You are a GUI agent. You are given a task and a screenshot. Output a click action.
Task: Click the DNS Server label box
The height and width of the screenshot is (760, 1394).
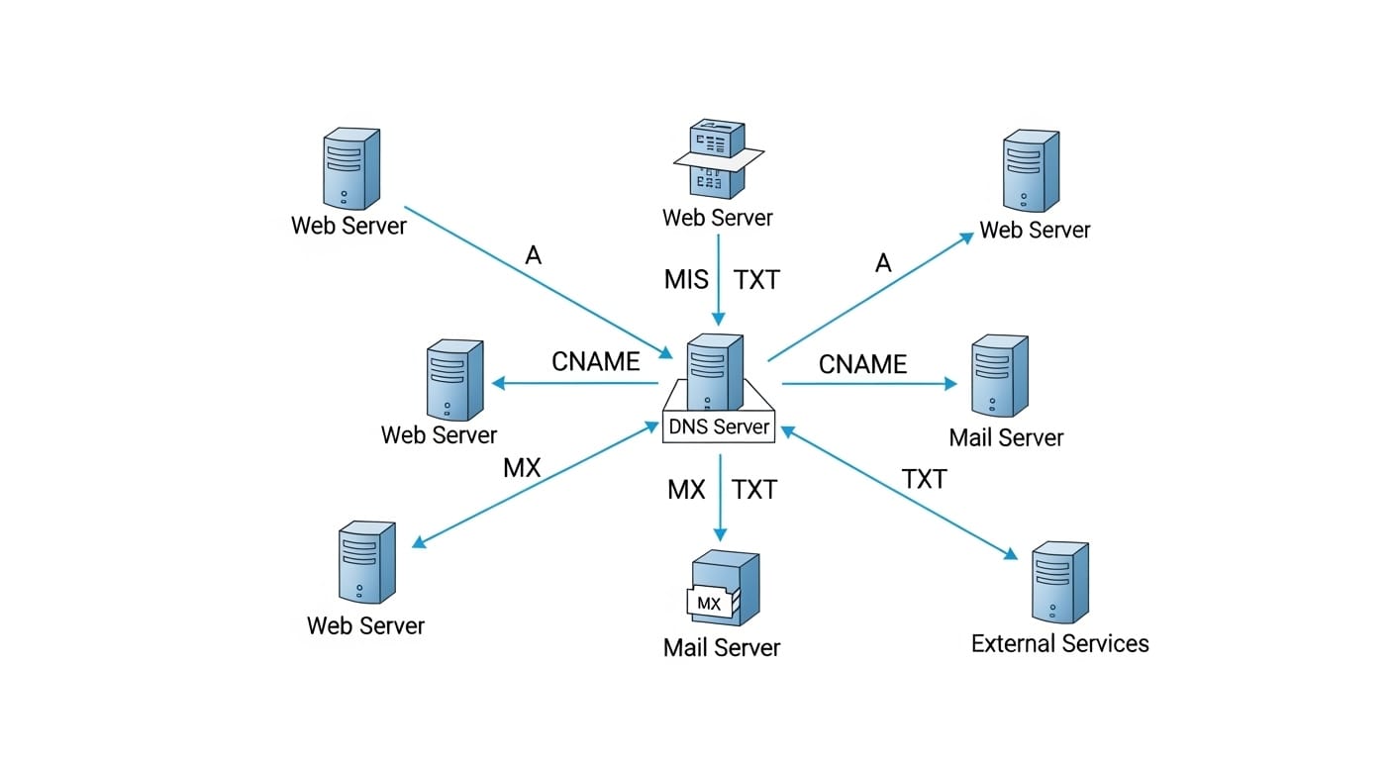click(720, 427)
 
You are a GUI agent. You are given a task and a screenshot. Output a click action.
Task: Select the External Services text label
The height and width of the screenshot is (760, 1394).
click(1059, 643)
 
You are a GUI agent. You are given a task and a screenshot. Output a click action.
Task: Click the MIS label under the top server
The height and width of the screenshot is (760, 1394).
click(686, 280)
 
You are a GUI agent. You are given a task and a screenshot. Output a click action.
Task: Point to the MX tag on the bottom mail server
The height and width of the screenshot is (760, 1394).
click(709, 603)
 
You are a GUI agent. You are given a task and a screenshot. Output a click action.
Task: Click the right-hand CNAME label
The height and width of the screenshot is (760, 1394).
click(862, 364)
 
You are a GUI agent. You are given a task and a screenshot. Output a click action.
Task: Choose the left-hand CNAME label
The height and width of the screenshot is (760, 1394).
click(596, 362)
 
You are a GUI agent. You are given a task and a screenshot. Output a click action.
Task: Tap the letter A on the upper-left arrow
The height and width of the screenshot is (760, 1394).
click(534, 256)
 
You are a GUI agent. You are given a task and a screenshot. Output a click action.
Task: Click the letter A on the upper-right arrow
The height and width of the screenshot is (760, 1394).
click(883, 262)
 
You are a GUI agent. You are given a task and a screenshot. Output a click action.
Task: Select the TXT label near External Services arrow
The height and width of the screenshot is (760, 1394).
click(924, 480)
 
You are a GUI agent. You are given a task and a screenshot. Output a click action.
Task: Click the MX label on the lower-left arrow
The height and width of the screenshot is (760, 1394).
click(522, 468)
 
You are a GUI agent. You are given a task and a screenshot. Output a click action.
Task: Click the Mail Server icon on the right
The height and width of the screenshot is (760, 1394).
click(998, 376)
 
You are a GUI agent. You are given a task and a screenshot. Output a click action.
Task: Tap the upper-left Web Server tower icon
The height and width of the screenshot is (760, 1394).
click(350, 168)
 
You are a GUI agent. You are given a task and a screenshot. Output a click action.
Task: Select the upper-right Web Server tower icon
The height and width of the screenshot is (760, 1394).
click(1031, 171)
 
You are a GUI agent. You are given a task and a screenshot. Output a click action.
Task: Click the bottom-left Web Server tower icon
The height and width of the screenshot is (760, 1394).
click(366, 562)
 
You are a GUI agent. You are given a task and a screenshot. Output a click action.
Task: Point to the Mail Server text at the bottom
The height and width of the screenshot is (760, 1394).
click(722, 648)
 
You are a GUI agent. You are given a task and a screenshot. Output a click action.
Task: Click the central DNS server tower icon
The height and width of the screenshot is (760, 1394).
click(714, 371)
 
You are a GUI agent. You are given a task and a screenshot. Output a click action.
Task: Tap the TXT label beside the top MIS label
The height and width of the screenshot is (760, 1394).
click(756, 280)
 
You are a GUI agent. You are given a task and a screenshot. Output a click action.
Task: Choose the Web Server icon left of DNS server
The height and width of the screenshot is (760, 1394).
click(453, 381)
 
